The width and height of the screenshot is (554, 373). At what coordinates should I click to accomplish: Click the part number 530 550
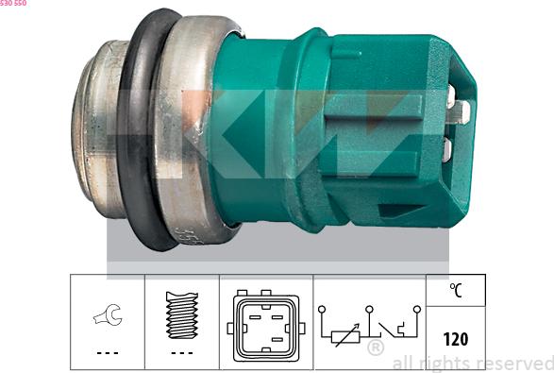tap(14, 4)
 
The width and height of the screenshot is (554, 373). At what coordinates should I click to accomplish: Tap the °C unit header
tap(456, 290)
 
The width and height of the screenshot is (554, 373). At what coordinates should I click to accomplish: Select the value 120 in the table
tap(456, 337)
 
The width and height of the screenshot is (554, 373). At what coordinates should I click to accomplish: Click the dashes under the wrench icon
tap(108, 352)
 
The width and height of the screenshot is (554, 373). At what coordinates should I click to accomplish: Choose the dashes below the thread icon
tap(181, 352)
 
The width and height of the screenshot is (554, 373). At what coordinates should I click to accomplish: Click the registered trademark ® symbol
tap(375, 348)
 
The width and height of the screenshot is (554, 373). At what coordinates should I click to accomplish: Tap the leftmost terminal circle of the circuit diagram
tap(323, 308)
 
